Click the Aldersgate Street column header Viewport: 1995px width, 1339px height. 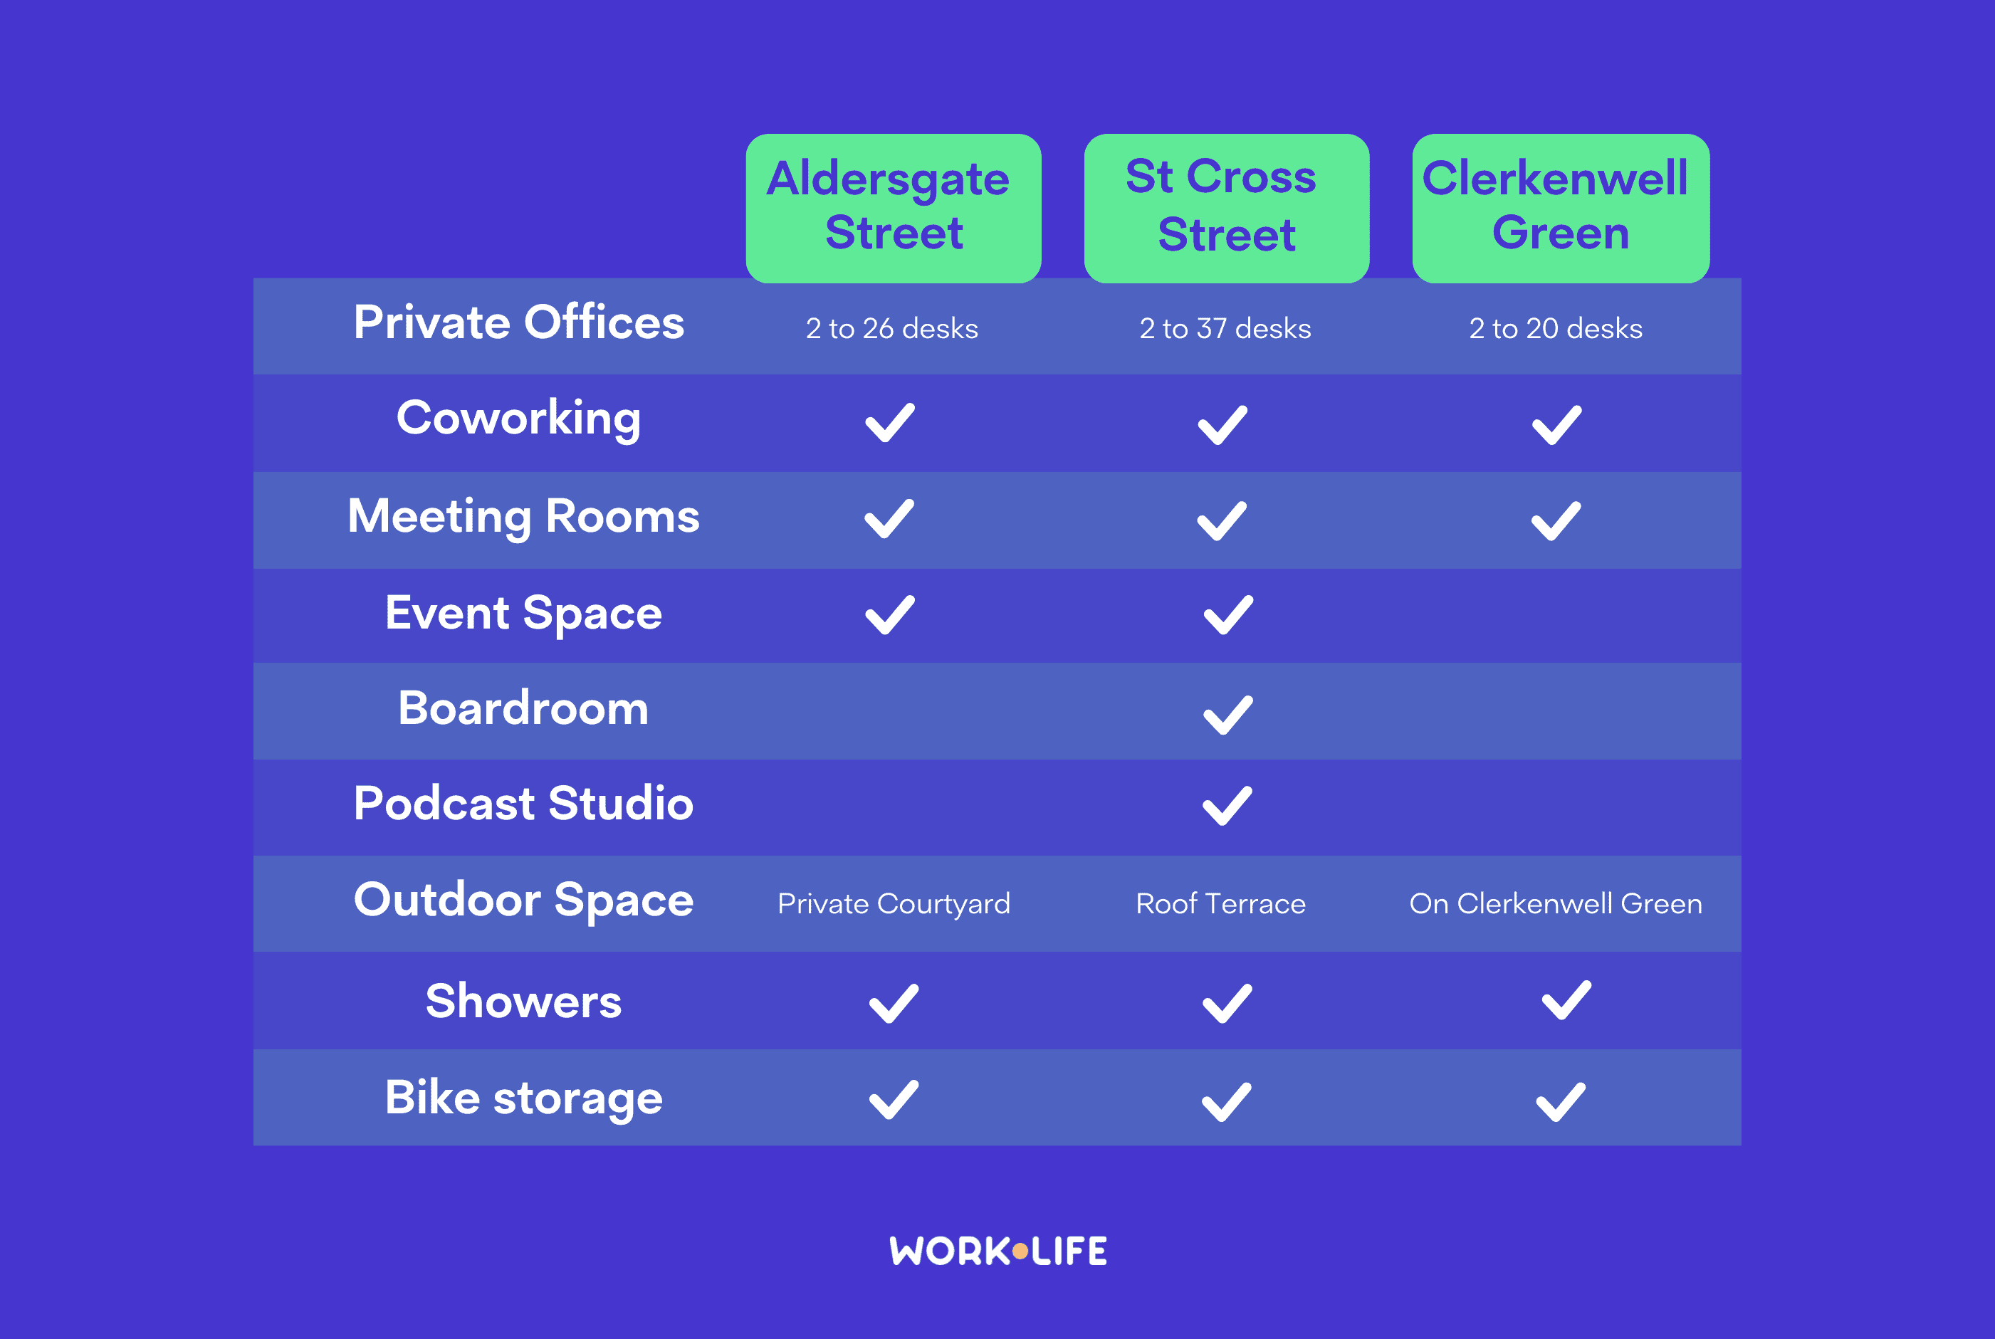894,208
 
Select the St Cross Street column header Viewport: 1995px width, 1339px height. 1226,208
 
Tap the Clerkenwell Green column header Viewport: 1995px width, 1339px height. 1560,208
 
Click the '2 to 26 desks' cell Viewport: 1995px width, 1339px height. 891,328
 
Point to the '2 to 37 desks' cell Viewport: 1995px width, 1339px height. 1225,328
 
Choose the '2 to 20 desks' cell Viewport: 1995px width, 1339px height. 1555,328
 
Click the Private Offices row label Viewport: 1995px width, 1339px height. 519,322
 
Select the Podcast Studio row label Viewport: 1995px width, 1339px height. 523,804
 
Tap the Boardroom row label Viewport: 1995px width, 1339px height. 523,708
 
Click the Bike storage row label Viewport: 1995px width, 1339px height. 523,1098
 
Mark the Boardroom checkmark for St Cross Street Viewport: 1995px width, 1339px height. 1228,715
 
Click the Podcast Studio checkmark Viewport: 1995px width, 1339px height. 1227,805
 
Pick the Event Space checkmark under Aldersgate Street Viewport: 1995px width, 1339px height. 890,615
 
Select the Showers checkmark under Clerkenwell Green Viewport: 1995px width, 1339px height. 1566,1000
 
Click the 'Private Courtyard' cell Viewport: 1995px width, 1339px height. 894,903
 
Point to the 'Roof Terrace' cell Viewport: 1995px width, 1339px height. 1220,903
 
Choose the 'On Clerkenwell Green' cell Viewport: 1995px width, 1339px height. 1556,903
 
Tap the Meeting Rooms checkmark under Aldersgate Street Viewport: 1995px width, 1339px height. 889,519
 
